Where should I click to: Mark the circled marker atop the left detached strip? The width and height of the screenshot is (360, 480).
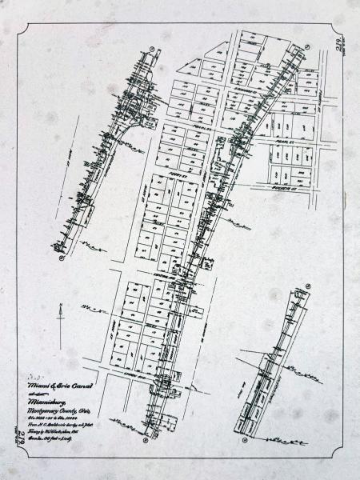(151, 49)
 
